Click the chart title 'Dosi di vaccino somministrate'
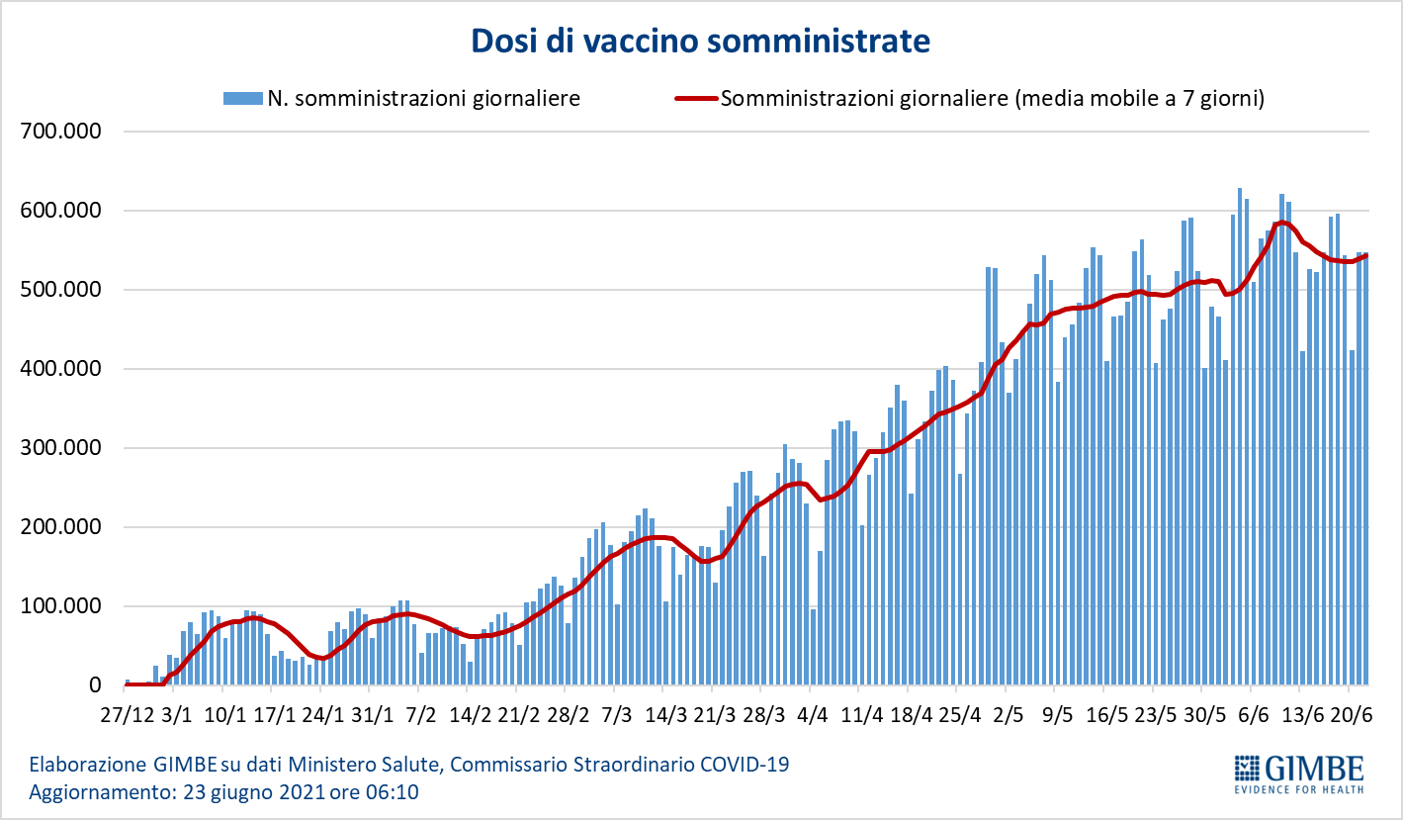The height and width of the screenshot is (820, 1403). tap(700, 41)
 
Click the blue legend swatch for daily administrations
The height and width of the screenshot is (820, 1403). tap(243, 98)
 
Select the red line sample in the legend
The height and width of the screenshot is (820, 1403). tap(695, 98)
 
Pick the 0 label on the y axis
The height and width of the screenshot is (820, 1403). tap(95, 685)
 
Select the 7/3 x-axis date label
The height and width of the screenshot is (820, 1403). tap(616, 715)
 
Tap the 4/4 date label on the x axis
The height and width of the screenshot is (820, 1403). tap(812, 715)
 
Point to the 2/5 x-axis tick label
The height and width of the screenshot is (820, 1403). tap(1008, 715)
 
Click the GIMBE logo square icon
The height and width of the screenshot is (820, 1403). tap(1245, 768)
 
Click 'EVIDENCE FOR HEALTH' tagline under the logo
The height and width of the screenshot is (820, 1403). tap(1299, 788)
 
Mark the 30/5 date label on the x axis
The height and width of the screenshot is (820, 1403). tap(1203, 715)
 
